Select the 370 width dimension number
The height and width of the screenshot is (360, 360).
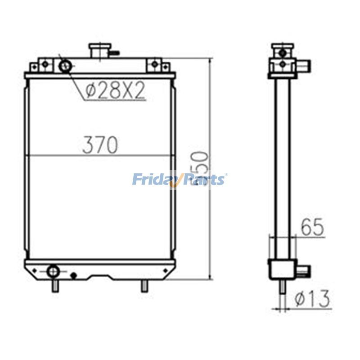(100, 145)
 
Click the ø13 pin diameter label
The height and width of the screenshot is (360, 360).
(312, 298)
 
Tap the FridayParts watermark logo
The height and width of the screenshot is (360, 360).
(179, 180)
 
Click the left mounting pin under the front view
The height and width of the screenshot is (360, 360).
(55, 285)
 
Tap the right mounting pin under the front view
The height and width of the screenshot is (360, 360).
(144, 285)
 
